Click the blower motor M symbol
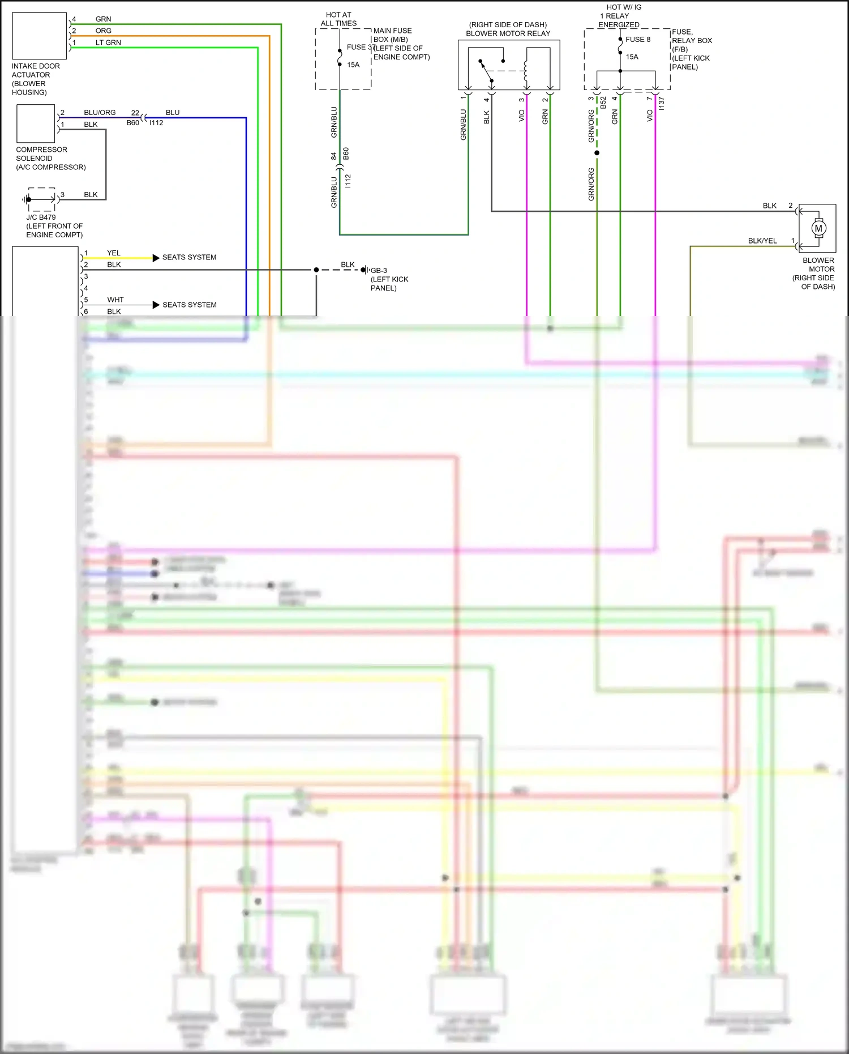point(818,228)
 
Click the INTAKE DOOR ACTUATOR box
point(39,35)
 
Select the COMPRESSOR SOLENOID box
point(36,123)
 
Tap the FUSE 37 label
point(361,48)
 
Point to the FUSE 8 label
point(638,40)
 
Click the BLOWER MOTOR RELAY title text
point(508,33)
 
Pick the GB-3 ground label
point(379,271)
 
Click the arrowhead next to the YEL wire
point(156,258)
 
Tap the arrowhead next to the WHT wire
point(156,305)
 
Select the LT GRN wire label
point(108,42)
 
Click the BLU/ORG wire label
point(100,113)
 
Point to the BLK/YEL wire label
point(762,241)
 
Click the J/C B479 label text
point(41,217)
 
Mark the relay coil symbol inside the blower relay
point(526,71)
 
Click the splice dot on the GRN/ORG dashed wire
point(597,153)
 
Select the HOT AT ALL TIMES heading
point(338,19)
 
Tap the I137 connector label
point(661,103)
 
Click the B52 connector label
point(603,103)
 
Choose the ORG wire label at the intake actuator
point(104,31)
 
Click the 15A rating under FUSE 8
point(632,57)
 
